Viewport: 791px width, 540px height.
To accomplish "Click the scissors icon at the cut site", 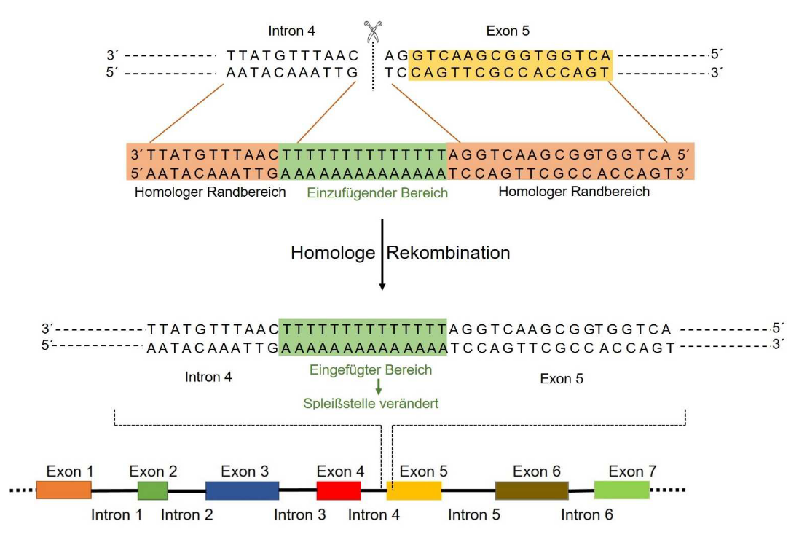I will point(373,32).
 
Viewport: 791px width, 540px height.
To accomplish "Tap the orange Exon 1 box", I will point(63,490).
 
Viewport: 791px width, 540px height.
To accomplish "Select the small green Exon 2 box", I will point(153,490).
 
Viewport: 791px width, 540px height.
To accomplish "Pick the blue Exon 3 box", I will point(242,490).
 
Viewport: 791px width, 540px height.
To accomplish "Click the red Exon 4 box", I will point(339,490).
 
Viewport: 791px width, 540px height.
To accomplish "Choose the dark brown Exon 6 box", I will point(532,490).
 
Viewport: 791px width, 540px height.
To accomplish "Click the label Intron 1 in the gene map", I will point(117,515).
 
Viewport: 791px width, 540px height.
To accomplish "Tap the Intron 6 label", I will point(587,515).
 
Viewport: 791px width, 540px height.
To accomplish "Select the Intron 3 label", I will point(300,515).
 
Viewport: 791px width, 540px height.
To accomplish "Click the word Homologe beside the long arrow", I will point(332,253).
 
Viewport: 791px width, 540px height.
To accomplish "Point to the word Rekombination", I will point(448,253).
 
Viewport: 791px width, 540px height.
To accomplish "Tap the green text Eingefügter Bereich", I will point(371,369).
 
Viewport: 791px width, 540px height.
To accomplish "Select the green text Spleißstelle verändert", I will point(371,403).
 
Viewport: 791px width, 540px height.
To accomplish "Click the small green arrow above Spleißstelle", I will point(378,386).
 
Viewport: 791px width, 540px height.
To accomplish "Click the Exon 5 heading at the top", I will point(508,31).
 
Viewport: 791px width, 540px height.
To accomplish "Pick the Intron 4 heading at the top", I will point(292,31).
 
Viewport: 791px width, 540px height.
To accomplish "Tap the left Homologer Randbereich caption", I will point(210,192).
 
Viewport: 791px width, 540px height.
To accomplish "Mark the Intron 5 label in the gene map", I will point(474,515).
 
